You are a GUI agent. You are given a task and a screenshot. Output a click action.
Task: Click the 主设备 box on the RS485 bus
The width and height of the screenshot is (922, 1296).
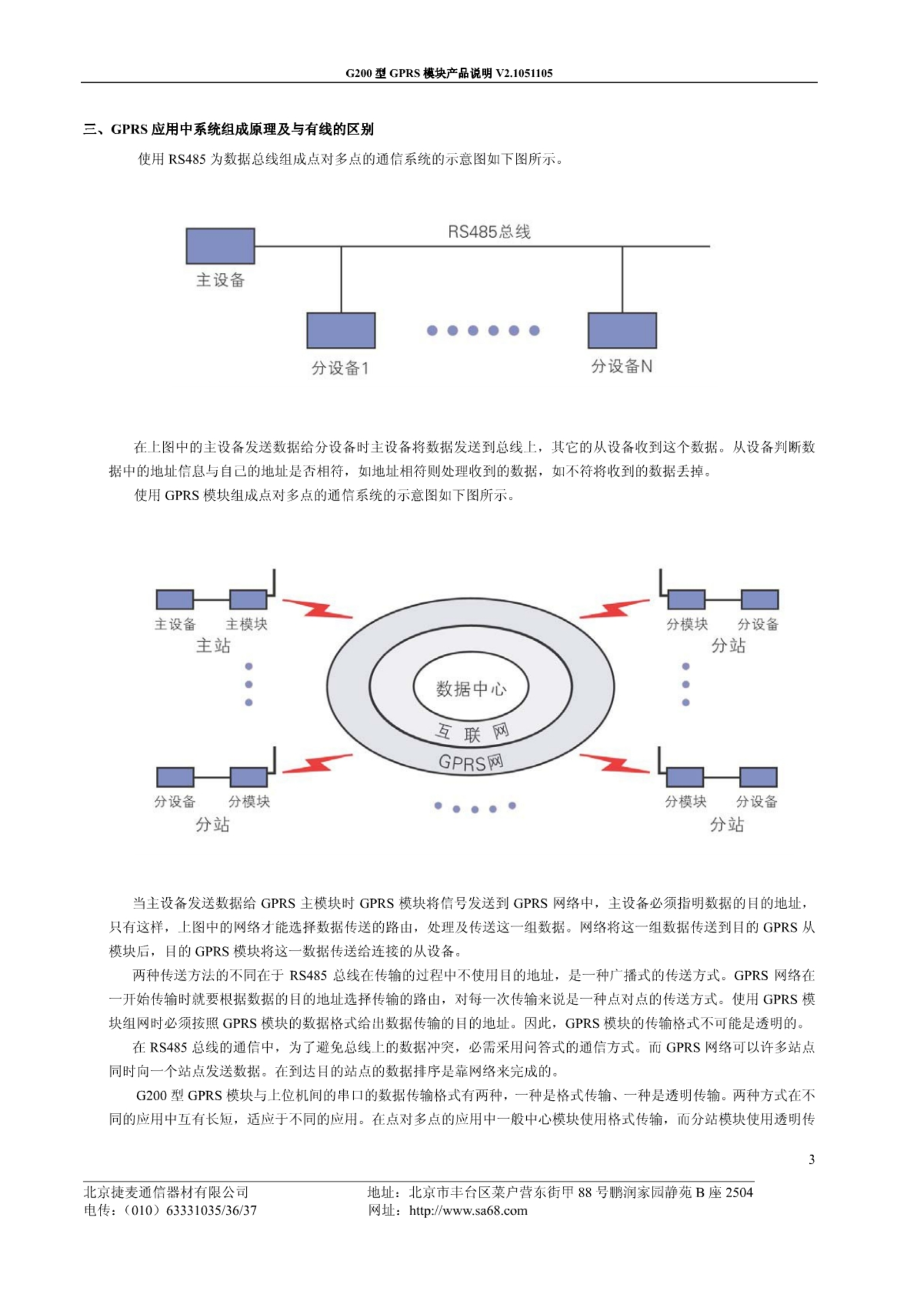[220, 246]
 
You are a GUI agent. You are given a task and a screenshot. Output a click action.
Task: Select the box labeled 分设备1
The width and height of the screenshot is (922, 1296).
[340, 330]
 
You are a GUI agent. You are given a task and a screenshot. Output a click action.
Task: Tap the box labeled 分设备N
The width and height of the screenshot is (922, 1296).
[621, 330]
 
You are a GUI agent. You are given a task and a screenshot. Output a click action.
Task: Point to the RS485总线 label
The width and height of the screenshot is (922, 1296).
[489, 231]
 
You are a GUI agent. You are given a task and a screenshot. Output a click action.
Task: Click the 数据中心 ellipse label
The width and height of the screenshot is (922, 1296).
[470, 688]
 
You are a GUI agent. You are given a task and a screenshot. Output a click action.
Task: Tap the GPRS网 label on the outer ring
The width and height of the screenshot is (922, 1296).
[470, 762]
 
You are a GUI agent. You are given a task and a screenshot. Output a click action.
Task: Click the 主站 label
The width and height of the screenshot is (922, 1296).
[213, 645]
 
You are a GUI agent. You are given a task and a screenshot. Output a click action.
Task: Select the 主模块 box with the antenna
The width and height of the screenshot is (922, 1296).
[248, 599]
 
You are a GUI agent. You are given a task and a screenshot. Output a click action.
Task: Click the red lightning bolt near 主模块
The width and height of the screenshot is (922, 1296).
[317, 608]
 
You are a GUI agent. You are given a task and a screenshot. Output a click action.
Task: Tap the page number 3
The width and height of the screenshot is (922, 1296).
[811, 1159]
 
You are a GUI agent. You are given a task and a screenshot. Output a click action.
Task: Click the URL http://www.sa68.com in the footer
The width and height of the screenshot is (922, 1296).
[468, 1211]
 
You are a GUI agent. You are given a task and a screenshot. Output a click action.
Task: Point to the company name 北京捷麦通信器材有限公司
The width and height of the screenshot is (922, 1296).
[166, 1192]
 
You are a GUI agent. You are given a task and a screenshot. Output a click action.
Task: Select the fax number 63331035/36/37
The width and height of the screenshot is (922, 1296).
[211, 1211]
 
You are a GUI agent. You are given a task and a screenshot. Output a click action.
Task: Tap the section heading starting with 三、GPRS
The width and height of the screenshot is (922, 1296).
[228, 129]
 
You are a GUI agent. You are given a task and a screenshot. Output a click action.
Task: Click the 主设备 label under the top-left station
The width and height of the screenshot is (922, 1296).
[175, 624]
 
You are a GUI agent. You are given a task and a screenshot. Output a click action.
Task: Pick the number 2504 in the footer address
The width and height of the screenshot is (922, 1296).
[739, 1192]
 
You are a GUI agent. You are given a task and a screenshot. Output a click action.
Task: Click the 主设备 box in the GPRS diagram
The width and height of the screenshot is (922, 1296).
[175, 599]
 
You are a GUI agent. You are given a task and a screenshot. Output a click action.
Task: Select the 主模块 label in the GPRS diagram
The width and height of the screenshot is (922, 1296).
[246, 624]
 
